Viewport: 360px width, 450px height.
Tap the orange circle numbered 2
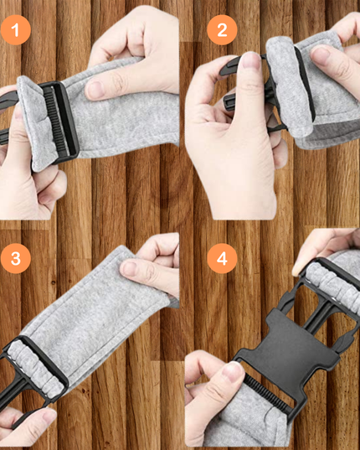tap(221, 32)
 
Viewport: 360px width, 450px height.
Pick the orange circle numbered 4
tap(221, 258)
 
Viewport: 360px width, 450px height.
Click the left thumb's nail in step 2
tap(248, 61)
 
